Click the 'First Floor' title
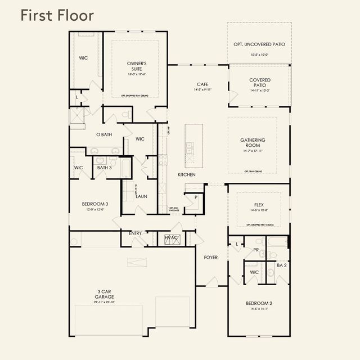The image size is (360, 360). pos(57,15)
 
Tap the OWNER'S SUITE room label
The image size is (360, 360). pos(137,66)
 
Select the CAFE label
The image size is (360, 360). pos(202,84)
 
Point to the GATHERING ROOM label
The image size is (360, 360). pos(253,143)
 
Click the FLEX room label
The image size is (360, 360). pos(259,205)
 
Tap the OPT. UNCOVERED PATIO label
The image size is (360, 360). pos(259,44)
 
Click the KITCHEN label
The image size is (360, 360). pos(187,175)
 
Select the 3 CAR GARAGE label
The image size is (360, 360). pos(105,294)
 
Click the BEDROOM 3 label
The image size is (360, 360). pos(95,204)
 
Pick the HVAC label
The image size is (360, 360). pos(171,238)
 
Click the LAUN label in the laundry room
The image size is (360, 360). pos(142,196)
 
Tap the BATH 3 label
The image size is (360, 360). pos(104,167)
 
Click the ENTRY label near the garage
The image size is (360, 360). pos(135,233)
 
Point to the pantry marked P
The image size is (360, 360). pos(196,197)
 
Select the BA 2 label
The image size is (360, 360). pos(281,264)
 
